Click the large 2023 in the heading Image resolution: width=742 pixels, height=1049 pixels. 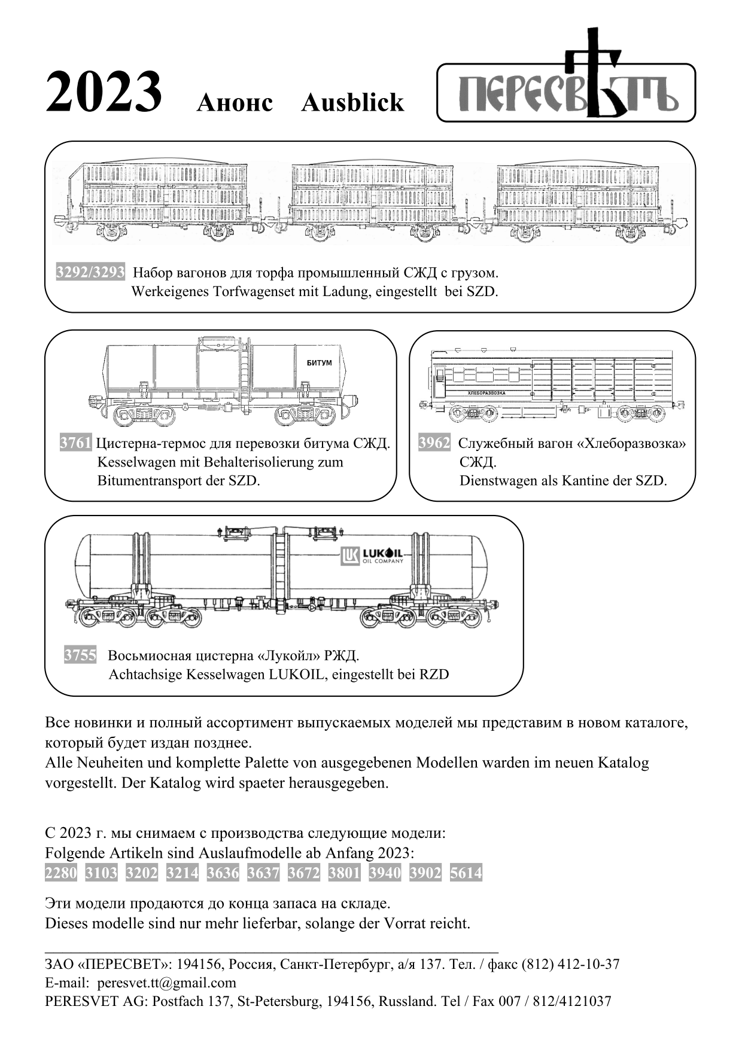(x=104, y=92)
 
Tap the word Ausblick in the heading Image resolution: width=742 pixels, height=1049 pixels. (x=352, y=103)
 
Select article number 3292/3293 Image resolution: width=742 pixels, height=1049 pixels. (x=90, y=273)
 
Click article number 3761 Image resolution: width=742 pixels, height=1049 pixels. (x=75, y=443)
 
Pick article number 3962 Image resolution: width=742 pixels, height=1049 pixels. (x=434, y=443)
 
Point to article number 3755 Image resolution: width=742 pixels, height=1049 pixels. (x=80, y=655)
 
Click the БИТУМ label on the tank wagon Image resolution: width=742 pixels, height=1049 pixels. (x=318, y=363)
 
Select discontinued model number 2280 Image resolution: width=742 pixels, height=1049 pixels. (x=61, y=873)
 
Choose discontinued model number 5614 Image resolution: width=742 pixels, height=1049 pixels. (x=466, y=873)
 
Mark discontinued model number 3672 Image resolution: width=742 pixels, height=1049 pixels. (x=303, y=873)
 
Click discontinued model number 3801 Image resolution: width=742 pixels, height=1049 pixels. (x=344, y=873)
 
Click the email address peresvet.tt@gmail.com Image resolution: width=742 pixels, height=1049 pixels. (x=166, y=983)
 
